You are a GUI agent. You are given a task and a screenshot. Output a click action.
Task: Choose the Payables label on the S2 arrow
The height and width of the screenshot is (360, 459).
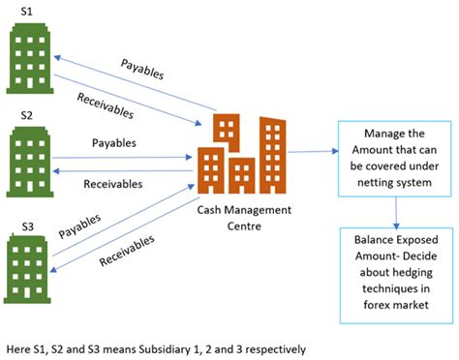114,142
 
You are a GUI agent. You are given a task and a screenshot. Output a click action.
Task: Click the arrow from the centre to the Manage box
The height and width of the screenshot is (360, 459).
312,151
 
